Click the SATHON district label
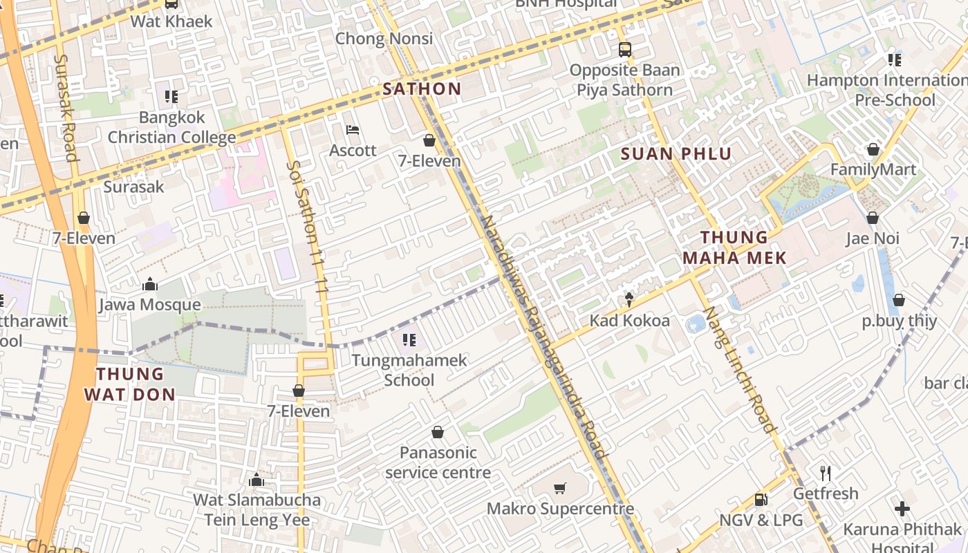422,88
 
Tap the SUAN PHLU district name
676,153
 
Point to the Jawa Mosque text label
150,305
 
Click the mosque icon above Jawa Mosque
149,284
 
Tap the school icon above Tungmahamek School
409,339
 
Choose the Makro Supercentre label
560,509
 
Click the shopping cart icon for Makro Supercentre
560,489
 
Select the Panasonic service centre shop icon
438,433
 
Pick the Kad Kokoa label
629,321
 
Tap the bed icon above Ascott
353,130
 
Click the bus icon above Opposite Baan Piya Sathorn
624,50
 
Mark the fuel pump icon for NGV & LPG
761,499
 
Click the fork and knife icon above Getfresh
825,474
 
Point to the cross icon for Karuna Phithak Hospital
902,509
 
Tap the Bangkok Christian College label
171,127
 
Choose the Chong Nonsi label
384,39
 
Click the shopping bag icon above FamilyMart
873,149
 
